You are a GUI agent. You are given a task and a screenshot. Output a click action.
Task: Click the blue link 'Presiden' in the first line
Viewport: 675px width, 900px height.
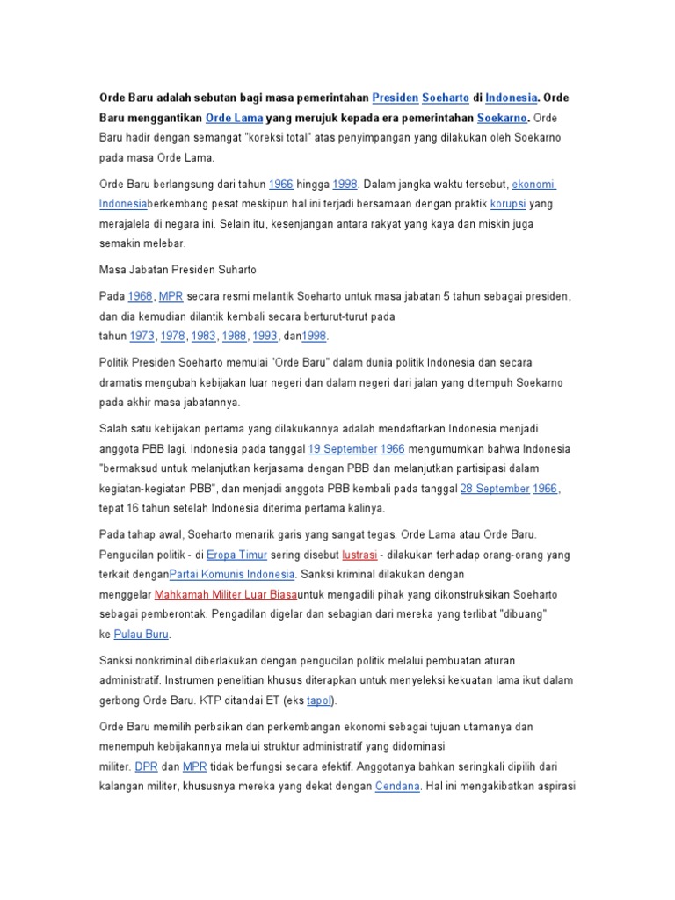(395, 97)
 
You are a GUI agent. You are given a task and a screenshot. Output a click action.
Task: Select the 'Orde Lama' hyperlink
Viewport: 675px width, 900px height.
(230, 118)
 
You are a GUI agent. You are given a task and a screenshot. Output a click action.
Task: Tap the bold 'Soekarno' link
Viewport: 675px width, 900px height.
(502, 118)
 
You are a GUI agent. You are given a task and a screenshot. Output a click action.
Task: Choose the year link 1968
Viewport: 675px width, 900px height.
(141, 296)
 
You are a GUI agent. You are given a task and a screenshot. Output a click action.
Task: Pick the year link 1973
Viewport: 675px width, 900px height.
(142, 336)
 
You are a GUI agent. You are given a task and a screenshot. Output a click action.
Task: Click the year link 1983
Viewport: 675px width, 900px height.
(204, 336)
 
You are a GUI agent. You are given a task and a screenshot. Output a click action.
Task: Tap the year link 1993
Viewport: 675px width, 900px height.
(265, 336)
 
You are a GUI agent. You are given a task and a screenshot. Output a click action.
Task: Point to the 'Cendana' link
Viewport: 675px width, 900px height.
(397, 786)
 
